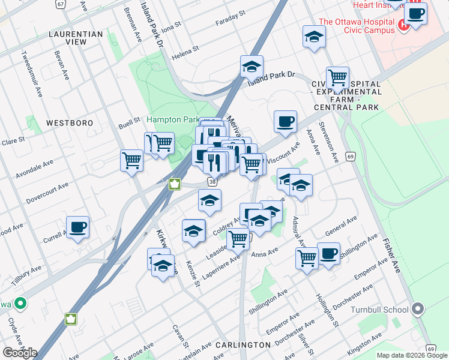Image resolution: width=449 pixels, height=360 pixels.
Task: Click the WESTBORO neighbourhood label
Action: pyautogui.click(x=70, y=122)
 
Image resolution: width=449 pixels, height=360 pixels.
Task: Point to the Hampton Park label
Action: pyautogui.click(x=171, y=119)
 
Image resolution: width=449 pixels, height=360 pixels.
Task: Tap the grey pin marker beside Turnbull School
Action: pyautogui.click(x=418, y=310)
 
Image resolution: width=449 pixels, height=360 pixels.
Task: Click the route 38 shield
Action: pyautogui.click(x=212, y=181)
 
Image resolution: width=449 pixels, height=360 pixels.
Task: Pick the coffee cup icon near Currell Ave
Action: pyautogui.click(x=77, y=227)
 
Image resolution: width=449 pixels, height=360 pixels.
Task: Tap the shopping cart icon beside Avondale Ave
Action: pyautogui.click(x=131, y=160)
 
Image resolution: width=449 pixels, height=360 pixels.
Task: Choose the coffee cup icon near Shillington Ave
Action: pyautogui.click(x=328, y=254)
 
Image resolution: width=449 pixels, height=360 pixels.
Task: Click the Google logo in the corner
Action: pyautogui.click(x=19, y=353)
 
